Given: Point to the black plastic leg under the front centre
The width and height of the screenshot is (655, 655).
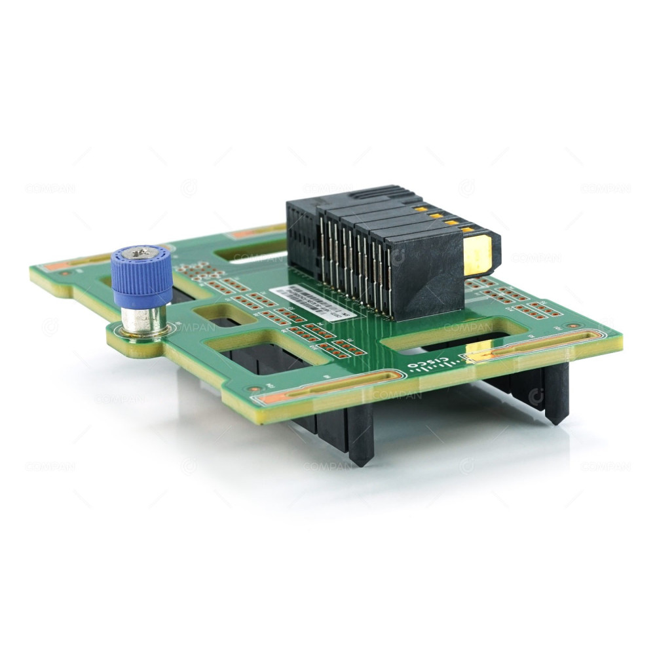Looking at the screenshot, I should pos(361,435).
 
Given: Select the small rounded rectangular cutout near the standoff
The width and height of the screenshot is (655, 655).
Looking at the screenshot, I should pos(215,314).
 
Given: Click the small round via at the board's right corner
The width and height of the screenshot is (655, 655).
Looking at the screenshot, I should pos(574,326).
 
